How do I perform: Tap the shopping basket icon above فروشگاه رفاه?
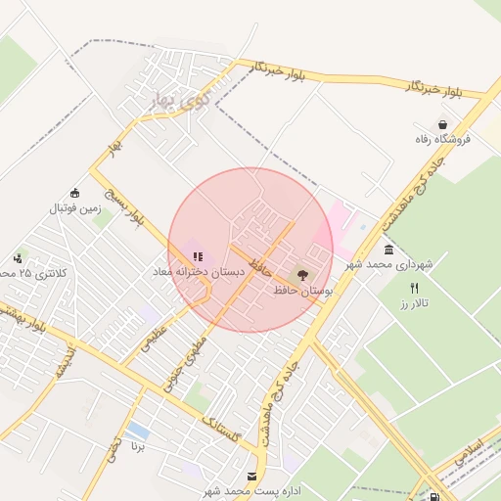click(445, 125)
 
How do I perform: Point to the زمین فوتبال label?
click(75, 207)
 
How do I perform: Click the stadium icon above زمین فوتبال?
click(75, 193)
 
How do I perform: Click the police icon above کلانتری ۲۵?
click(19, 258)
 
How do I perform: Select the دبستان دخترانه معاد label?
click(186, 270)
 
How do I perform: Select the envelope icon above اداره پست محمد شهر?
click(253, 477)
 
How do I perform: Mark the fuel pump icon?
click(434, 497)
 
